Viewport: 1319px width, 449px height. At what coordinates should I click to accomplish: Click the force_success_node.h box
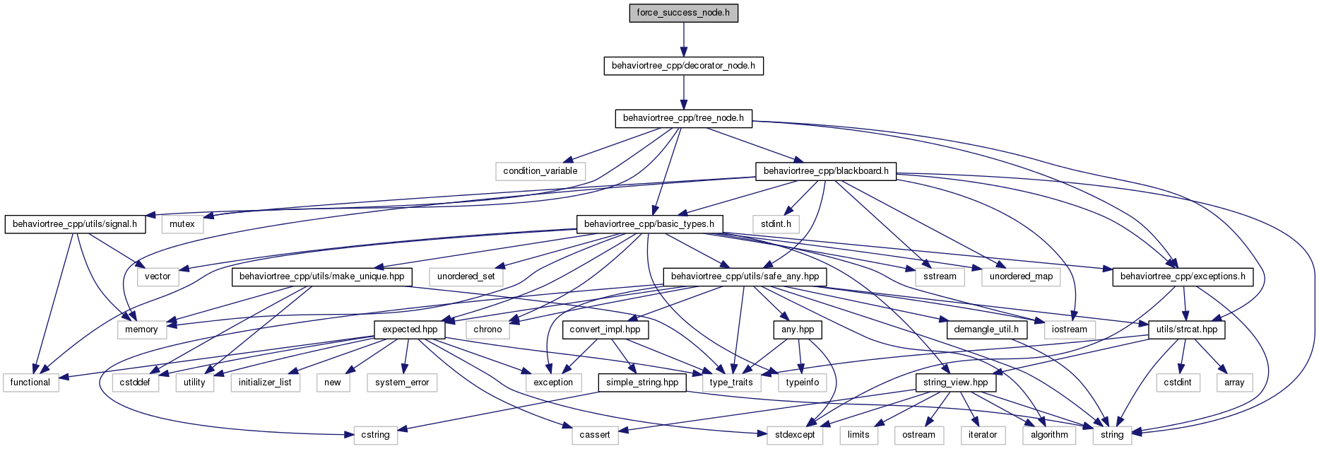click(683, 13)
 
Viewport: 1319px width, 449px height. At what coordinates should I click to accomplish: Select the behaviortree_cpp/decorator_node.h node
click(683, 66)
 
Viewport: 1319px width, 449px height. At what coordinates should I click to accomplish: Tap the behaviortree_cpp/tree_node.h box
click(683, 118)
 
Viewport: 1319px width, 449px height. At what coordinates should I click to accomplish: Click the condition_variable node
click(540, 171)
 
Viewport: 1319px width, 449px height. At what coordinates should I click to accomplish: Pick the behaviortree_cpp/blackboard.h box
click(826, 171)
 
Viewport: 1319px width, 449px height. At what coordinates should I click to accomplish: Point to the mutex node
click(182, 224)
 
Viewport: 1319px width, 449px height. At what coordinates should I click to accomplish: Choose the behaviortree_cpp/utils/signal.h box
click(75, 224)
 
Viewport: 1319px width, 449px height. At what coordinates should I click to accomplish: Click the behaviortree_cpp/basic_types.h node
click(649, 224)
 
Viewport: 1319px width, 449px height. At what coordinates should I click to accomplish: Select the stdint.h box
click(776, 224)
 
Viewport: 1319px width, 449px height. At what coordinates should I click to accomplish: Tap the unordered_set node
click(466, 276)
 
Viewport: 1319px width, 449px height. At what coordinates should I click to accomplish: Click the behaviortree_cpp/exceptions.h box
click(1183, 276)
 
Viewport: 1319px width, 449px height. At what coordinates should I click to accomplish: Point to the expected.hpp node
click(410, 330)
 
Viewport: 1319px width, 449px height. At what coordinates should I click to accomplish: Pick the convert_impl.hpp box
click(605, 330)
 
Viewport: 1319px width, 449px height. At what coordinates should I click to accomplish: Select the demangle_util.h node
click(986, 330)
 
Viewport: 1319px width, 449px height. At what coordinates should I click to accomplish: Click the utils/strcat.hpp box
click(1187, 330)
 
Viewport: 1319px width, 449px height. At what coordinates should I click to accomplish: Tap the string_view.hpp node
click(956, 383)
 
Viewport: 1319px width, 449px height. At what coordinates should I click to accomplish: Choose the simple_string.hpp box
click(642, 383)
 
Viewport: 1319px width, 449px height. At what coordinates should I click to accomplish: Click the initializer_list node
click(265, 383)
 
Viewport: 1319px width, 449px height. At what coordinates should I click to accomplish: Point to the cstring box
click(376, 435)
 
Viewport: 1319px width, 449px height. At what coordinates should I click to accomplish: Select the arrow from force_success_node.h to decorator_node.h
click(683, 40)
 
